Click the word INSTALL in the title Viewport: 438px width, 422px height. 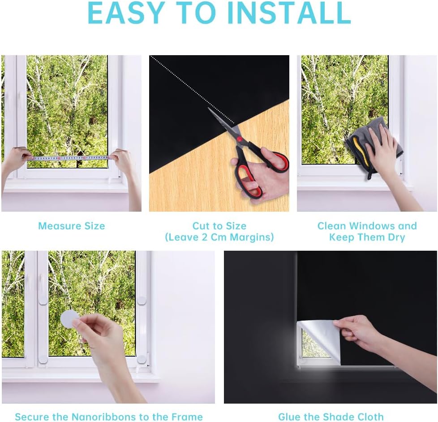point(289,13)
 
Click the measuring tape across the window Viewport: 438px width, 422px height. point(69,158)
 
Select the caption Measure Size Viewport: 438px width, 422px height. point(72,226)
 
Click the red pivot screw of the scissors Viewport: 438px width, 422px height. point(239,139)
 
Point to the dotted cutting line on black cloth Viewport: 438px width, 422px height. point(192,90)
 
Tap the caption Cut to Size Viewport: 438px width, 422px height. point(219,226)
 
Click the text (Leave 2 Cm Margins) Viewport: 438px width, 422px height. point(219,237)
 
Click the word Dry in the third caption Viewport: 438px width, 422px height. point(396,237)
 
